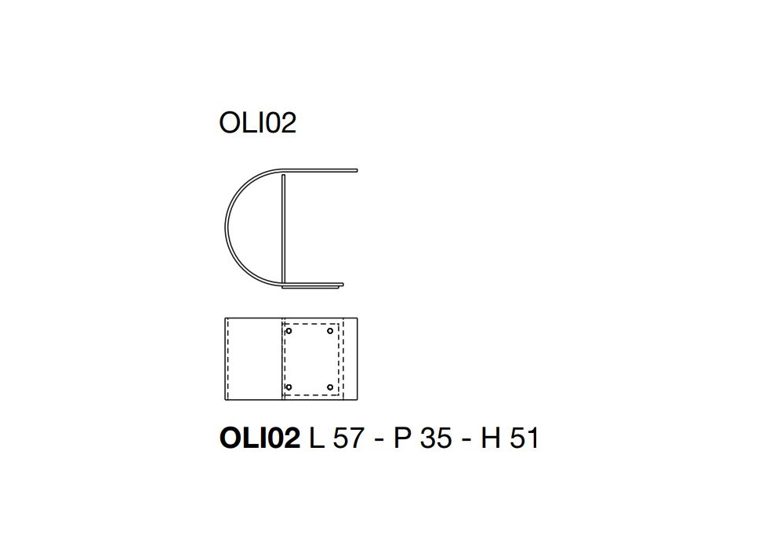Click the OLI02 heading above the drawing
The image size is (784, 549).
pos(257,123)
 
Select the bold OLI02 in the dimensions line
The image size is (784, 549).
pos(260,438)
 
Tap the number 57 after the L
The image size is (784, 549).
pos(348,438)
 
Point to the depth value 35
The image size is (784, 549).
pos(437,438)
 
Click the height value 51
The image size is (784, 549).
pos(524,438)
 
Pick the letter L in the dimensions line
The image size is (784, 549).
pos(317,438)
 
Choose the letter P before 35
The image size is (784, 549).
pos(402,438)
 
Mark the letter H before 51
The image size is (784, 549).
pos(491,438)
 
